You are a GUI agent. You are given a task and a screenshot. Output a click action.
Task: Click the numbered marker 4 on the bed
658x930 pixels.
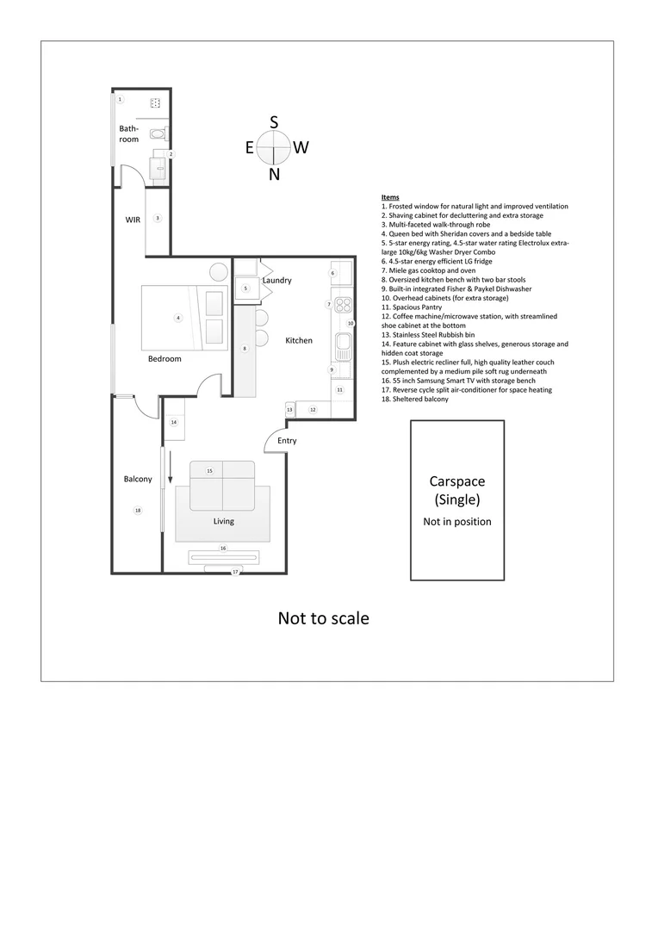(178, 318)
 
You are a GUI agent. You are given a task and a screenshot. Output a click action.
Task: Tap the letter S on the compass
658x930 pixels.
(274, 122)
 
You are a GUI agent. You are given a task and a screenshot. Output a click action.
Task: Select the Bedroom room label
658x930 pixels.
(164, 358)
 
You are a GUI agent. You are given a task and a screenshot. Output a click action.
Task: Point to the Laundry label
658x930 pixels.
(277, 280)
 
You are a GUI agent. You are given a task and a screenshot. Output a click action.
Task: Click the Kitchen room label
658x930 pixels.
(299, 340)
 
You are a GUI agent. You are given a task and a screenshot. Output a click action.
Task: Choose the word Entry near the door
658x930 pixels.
(287, 441)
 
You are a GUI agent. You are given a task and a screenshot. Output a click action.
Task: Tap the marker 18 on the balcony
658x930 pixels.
(138, 511)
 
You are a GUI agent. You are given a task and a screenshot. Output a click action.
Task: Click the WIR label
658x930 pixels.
(133, 220)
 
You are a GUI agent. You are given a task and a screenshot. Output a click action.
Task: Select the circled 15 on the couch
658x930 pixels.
(209, 471)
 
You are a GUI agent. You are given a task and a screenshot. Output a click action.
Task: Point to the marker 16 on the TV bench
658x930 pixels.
(223, 548)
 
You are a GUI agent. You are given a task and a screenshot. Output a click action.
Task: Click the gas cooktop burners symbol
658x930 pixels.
(342, 304)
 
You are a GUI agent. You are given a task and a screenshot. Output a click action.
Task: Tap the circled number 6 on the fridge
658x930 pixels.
(332, 273)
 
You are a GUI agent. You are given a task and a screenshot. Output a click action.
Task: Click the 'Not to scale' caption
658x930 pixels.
(323, 618)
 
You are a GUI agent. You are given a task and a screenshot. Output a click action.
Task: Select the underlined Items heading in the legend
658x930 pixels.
(390, 197)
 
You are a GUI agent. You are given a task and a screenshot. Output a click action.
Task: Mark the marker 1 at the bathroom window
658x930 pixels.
(121, 100)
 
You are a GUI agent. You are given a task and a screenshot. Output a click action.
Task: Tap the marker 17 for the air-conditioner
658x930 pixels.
(234, 572)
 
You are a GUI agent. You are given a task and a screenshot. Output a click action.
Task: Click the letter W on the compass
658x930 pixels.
(301, 147)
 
